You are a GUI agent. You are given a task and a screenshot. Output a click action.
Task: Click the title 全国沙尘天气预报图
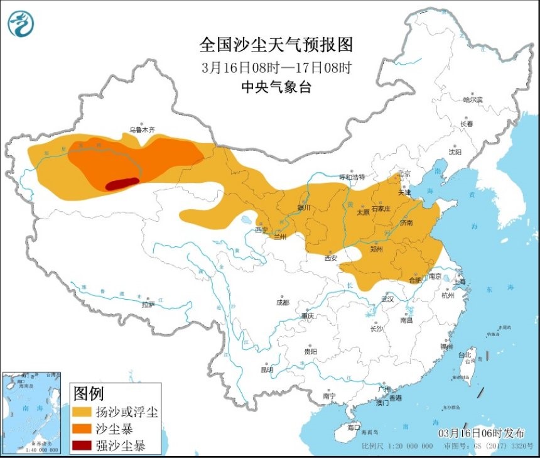pyautogui.click(x=276, y=45)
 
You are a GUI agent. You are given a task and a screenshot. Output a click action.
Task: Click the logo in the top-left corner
pyautogui.click(x=21, y=24)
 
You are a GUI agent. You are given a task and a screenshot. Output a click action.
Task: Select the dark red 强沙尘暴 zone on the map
pyautogui.click(x=122, y=183)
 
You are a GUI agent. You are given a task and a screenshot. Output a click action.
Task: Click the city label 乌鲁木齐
pyautogui.click(x=142, y=129)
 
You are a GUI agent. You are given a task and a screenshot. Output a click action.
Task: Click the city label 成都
pyautogui.click(x=283, y=302)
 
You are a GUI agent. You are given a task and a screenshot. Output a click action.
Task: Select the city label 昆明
pyautogui.click(x=266, y=370)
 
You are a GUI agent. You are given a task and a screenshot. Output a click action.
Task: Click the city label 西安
pyautogui.click(x=331, y=258)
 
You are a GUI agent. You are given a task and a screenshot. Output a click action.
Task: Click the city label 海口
pyautogui.click(x=354, y=428)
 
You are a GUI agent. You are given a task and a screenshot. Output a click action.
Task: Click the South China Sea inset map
pyautogui.click(x=31, y=412)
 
